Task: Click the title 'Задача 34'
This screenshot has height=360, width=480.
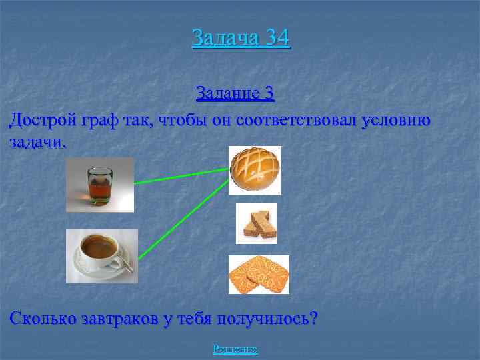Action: point(241,37)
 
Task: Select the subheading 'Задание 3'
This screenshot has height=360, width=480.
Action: point(235,93)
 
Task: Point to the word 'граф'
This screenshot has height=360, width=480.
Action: point(100,121)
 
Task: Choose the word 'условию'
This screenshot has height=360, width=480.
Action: point(397,121)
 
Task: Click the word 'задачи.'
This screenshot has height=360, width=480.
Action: point(38,143)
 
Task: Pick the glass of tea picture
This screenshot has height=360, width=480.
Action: point(100,185)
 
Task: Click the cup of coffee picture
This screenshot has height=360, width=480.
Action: point(101,256)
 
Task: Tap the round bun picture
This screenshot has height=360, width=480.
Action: point(255,169)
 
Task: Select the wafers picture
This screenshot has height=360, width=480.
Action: point(257,223)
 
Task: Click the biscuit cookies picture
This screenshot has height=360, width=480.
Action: point(259,275)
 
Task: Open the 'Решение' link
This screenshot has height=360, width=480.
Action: point(235,349)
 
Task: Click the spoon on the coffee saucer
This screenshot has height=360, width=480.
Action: point(127,267)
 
